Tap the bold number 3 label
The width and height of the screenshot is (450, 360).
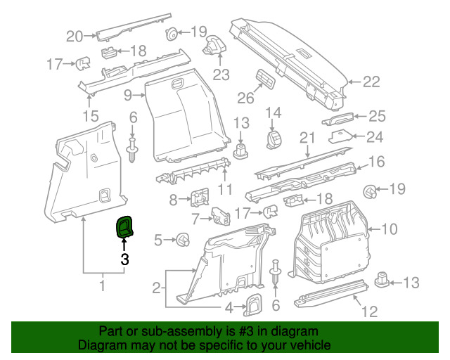pyautogui.click(x=124, y=259)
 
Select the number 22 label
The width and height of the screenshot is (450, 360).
pyautogui.click(x=371, y=82)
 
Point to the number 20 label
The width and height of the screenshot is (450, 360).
pyautogui.click(x=75, y=36)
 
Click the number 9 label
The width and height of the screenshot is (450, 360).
pyautogui.click(x=128, y=95)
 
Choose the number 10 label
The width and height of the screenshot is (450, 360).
pyautogui.click(x=389, y=229)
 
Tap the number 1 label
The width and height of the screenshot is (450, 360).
pyautogui.click(x=102, y=285)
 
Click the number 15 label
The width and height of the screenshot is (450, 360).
pyautogui.click(x=91, y=115)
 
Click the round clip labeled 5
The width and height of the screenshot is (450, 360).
pyautogui.click(x=184, y=240)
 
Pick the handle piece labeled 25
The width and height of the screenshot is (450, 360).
pyautogui.click(x=340, y=117)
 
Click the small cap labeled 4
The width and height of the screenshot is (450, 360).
pyautogui.click(x=252, y=303)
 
